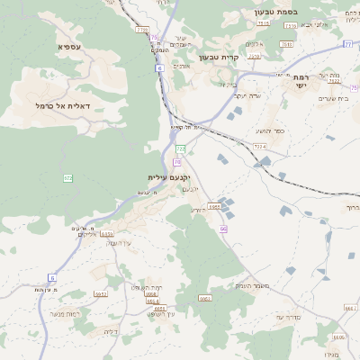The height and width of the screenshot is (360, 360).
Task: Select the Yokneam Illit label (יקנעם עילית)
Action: pyautogui.click(x=170, y=178)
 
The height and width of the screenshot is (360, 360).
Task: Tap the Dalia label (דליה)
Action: pyautogui.click(x=110, y=332)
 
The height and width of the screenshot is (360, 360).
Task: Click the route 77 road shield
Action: pyautogui.click(x=347, y=43)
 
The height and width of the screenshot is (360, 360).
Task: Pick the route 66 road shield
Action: pyautogui.click(x=222, y=229)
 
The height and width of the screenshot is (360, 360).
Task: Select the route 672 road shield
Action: pyautogui.click(x=67, y=178)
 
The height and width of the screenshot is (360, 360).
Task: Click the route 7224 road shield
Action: pyautogui.click(x=260, y=145)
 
